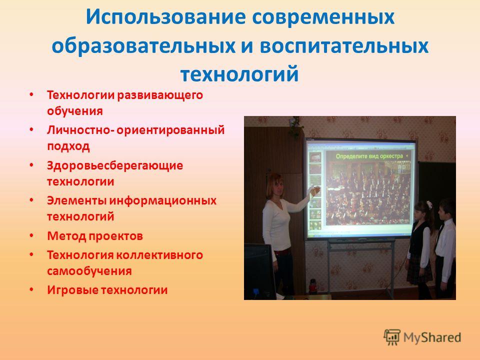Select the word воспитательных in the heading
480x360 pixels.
[x=344, y=46]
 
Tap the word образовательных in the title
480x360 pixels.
[x=143, y=46]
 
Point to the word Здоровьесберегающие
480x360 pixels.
[x=115, y=165]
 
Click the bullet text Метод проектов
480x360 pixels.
[x=95, y=236]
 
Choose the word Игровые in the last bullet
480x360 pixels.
[x=72, y=290]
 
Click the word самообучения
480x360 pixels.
[x=89, y=271]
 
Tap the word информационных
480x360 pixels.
[x=163, y=201]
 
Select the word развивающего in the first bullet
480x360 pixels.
[x=160, y=95]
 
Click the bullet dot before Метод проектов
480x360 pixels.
[x=31, y=235]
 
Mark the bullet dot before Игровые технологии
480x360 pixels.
[x=31, y=289]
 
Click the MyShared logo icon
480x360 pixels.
[x=392, y=337]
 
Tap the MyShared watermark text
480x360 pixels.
[x=432, y=337]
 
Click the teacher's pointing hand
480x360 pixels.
[x=314, y=190]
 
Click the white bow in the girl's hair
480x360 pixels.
[x=428, y=204]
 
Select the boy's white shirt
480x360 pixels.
[x=445, y=238]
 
